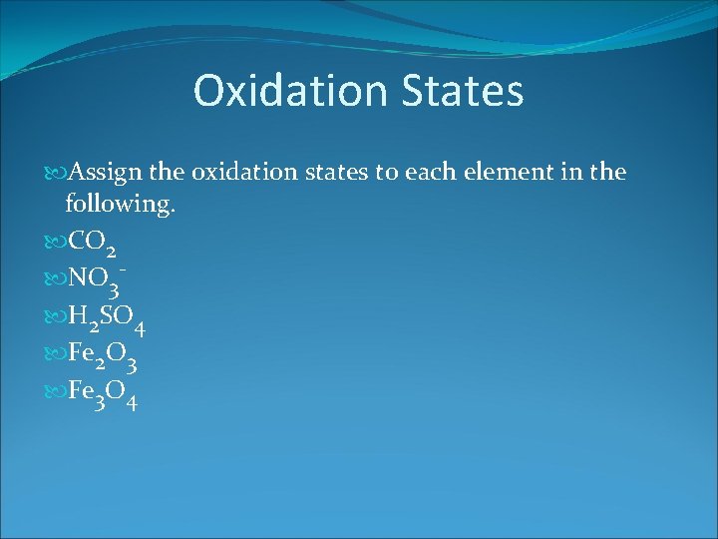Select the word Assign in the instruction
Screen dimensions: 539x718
click(105, 173)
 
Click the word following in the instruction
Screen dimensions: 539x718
click(116, 205)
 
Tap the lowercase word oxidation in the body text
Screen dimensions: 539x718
click(242, 173)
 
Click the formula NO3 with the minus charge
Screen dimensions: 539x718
click(98, 281)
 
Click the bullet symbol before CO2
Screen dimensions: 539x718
click(54, 240)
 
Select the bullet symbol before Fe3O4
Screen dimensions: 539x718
click(54, 397)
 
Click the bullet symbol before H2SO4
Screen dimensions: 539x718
click(54, 318)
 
